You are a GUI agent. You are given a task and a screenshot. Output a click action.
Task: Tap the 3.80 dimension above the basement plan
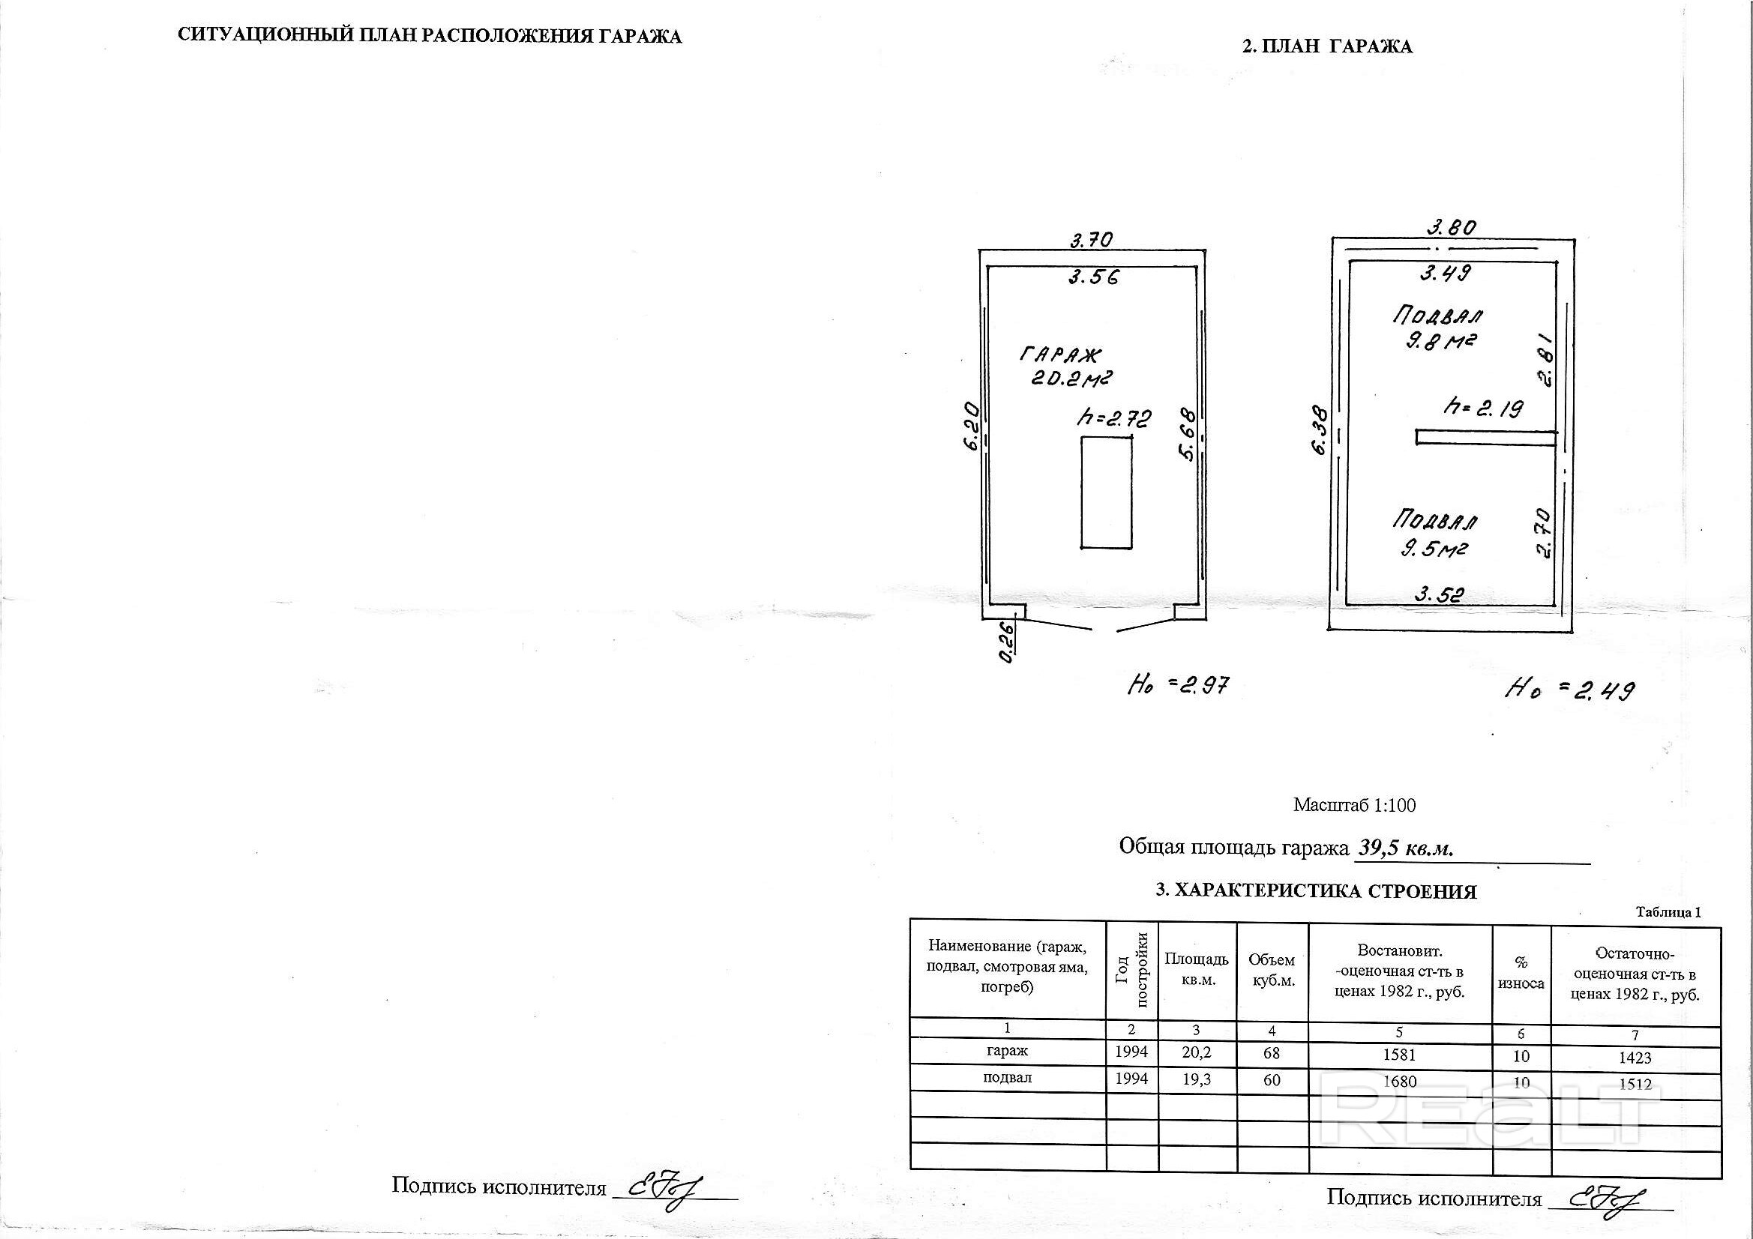(x=1452, y=228)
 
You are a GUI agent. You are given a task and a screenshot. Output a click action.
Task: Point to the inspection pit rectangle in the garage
(x=1107, y=492)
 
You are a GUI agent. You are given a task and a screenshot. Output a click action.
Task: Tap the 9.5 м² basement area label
(x=1434, y=548)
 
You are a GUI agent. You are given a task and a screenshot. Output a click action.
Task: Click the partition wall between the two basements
(x=1486, y=438)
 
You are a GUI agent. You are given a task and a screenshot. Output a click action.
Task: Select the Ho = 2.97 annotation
(x=1179, y=685)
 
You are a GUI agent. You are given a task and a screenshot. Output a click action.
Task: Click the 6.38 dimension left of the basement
(x=1321, y=430)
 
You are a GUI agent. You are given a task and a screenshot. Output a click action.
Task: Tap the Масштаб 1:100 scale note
(x=1354, y=804)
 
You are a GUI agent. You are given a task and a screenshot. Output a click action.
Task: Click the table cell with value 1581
(x=1399, y=1055)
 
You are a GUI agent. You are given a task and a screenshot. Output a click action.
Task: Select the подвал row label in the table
(x=1007, y=1077)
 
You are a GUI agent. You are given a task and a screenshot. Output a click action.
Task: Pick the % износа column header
(x=1521, y=974)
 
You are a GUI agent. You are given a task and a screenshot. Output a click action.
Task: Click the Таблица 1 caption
(x=1668, y=912)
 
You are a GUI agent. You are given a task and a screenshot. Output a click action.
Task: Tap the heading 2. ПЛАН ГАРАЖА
(x=1327, y=46)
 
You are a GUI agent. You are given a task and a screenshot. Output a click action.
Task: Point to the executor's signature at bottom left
(x=664, y=1186)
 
